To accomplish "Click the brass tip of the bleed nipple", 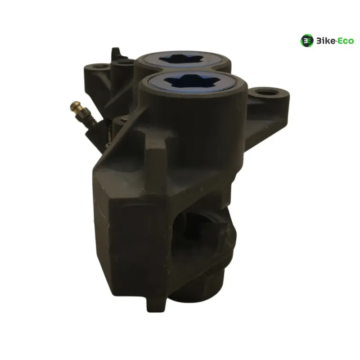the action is pyautogui.click(x=76, y=107).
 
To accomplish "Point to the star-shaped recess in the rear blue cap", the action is pyautogui.click(x=181, y=59).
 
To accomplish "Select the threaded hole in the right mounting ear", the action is pyautogui.click(x=267, y=93).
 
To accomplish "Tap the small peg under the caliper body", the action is pyautogui.click(x=156, y=303).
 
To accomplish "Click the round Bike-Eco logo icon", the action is pyautogui.click(x=307, y=41).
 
